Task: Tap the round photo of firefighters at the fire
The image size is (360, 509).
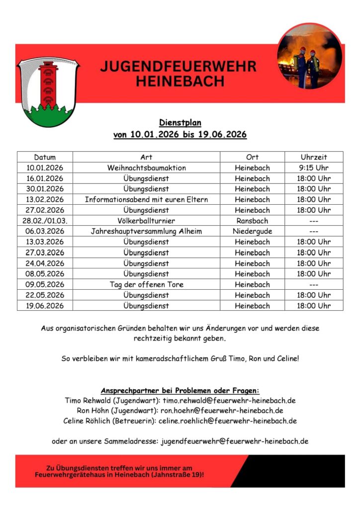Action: [310, 56]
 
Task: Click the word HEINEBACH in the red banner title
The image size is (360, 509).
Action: [180, 81]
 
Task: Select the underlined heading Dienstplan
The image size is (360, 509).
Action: [180, 122]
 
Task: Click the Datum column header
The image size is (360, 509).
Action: [45, 157]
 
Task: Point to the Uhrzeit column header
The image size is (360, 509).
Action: [314, 157]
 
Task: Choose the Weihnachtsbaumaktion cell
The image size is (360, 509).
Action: [146, 168]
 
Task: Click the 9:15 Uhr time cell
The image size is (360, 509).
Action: [314, 168]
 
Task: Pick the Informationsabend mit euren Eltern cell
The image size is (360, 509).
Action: [146, 199]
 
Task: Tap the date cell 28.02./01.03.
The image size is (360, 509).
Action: [45, 221]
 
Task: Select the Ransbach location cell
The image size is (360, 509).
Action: [252, 221]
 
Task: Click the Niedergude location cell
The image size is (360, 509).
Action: [252, 231]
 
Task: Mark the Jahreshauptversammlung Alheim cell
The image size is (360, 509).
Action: [146, 231]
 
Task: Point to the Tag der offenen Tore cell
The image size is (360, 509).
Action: [146, 284]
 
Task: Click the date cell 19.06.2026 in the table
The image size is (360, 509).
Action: [45, 306]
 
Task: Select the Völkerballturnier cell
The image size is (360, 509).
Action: [146, 221]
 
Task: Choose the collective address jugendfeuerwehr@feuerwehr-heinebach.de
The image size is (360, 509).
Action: [235, 441]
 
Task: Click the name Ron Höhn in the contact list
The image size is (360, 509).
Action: [92, 411]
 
